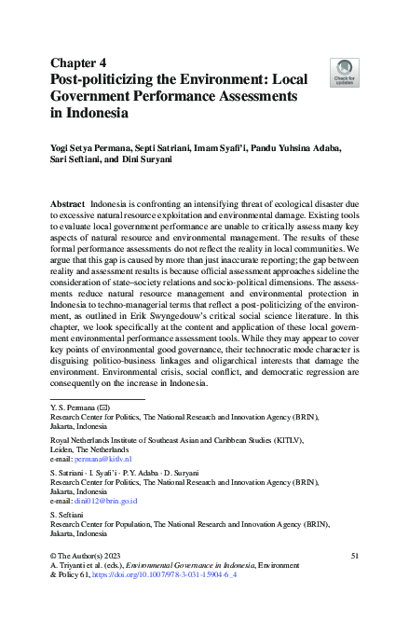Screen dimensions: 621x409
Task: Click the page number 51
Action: pyautogui.click(x=355, y=556)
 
